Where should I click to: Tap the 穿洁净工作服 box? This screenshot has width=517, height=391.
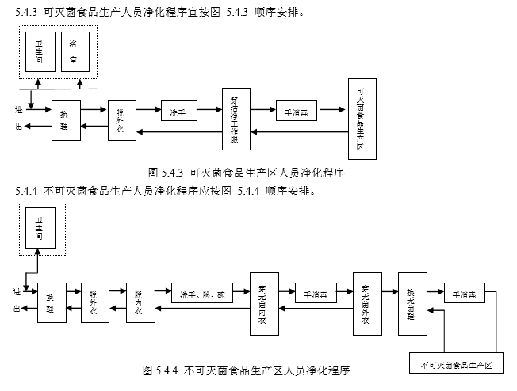point(235,118)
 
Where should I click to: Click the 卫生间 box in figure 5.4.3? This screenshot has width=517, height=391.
point(39,52)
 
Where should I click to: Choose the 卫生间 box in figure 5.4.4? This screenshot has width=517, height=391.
point(39,230)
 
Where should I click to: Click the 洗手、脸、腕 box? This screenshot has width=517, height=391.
point(202,294)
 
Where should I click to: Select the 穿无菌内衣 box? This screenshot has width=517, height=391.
point(262,303)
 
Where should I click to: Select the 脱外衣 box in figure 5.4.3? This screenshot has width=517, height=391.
point(121,120)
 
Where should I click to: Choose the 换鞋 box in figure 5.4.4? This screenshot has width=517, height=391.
point(52,302)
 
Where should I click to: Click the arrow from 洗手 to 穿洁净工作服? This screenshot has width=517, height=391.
point(209,112)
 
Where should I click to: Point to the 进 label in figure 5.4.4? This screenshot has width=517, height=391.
point(17,292)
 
